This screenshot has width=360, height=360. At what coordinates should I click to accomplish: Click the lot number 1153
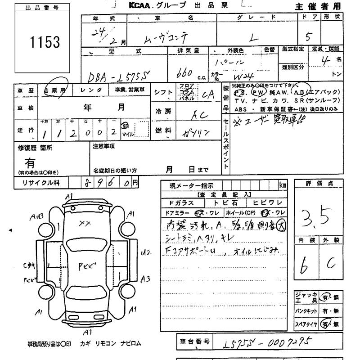tap(45, 42)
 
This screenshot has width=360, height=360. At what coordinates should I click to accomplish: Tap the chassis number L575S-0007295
tap(266, 344)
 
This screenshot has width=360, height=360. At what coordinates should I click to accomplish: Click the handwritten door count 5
tap(309, 36)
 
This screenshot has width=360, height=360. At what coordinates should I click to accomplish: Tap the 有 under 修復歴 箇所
tap(30, 162)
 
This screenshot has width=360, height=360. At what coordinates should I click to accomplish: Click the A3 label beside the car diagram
tap(145, 279)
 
